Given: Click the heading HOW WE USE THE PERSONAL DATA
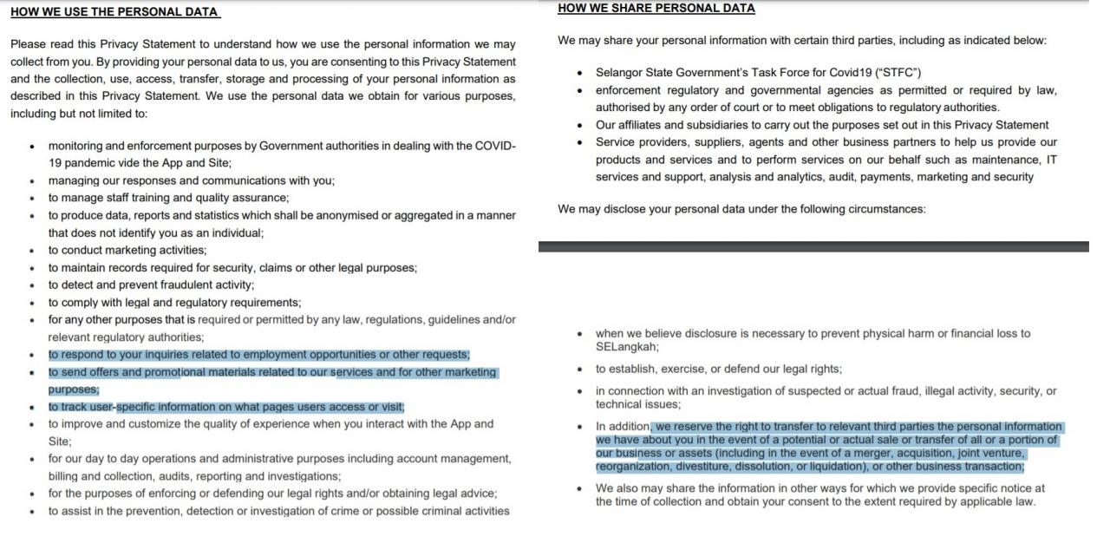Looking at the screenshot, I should [x=114, y=12].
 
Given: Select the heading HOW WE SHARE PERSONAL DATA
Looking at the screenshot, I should [x=656, y=9].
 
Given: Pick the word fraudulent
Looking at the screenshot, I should [x=174, y=285].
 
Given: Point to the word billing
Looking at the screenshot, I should [x=65, y=476].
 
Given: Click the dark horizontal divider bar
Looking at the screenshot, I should [x=813, y=247].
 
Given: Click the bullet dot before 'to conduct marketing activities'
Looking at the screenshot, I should [x=32, y=251].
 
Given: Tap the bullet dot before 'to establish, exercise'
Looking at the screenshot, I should [x=579, y=370].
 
